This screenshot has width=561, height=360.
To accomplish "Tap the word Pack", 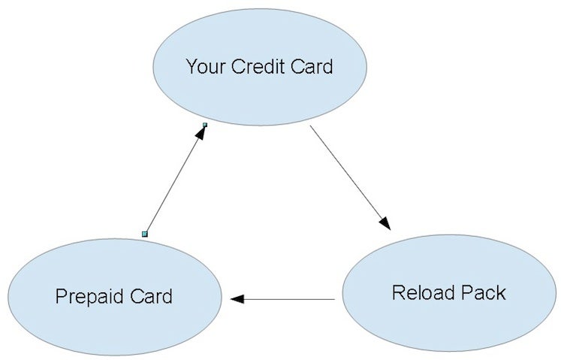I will (485, 292).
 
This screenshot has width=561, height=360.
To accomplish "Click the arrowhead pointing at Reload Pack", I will (385, 222).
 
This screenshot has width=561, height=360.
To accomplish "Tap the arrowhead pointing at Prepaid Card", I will (238, 299).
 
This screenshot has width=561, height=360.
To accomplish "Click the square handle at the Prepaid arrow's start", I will (145, 234).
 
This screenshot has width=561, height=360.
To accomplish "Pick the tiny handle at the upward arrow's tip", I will (204, 125).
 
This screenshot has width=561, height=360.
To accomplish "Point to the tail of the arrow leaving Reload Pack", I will (333, 299).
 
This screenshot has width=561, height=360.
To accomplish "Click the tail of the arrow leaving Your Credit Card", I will (312, 128).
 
